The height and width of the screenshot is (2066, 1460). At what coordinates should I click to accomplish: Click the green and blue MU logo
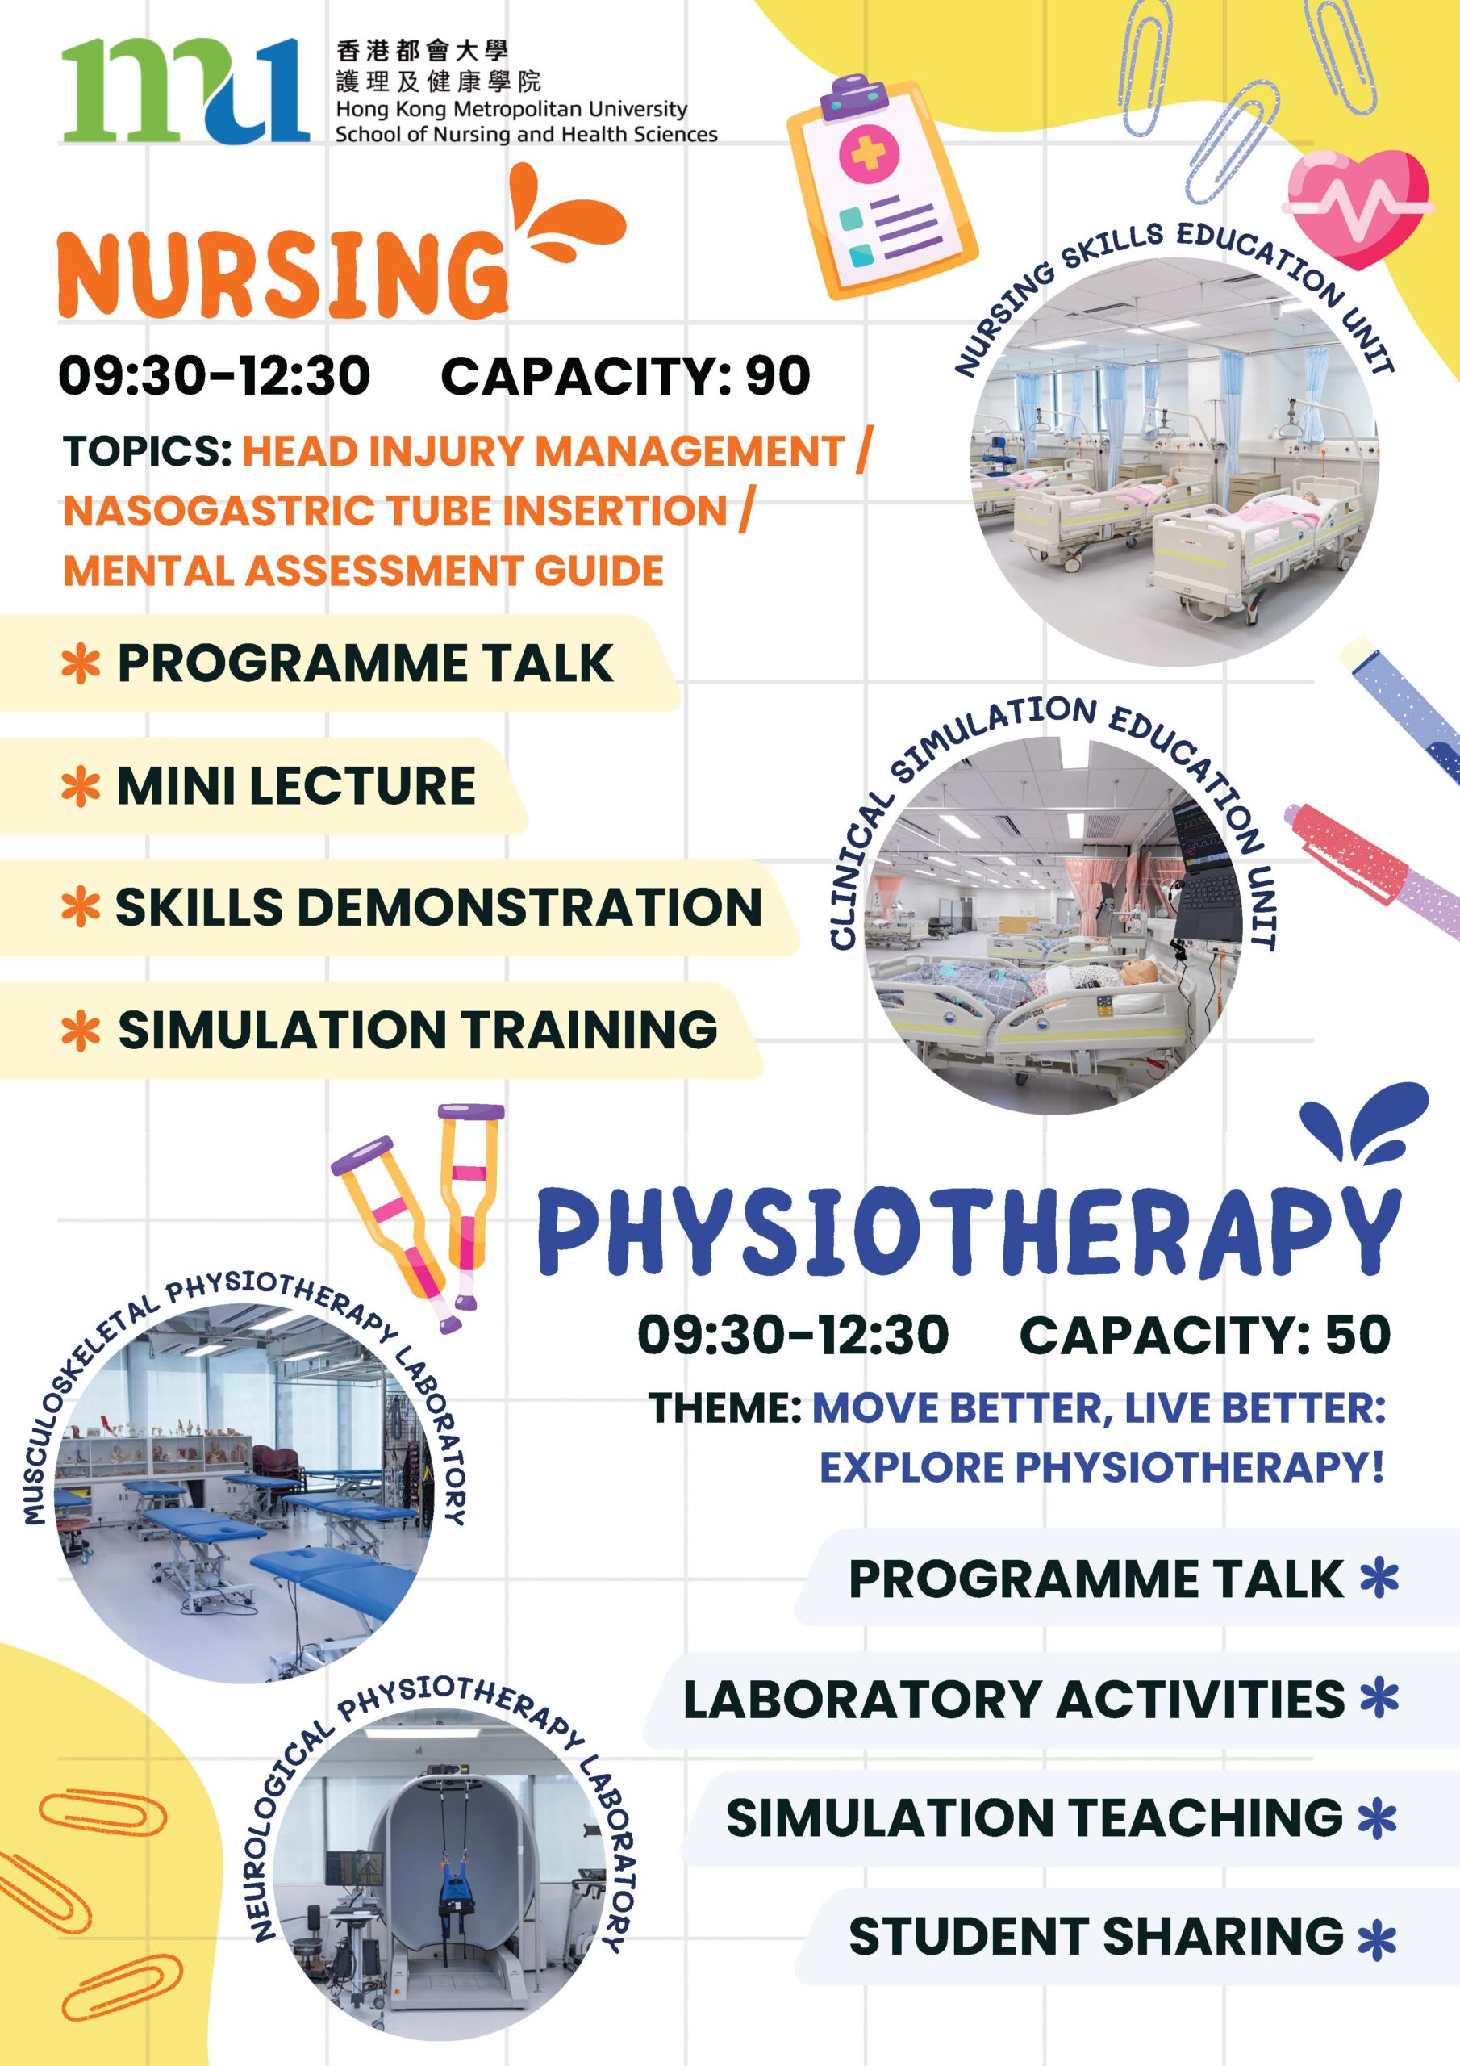[x=186, y=90]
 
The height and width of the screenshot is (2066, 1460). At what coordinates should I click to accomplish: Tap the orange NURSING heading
[x=282, y=274]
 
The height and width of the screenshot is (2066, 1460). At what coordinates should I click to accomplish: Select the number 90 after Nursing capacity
[x=778, y=375]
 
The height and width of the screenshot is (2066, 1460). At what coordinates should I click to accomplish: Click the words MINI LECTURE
[x=297, y=785]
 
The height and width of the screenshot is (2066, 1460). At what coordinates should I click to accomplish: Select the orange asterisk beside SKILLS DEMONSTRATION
[x=80, y=908]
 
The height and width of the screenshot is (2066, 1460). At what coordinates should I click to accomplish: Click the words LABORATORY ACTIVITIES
[x=1014, y=1699]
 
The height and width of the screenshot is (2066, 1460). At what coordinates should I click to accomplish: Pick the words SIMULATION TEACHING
[x=1035, y=1817]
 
